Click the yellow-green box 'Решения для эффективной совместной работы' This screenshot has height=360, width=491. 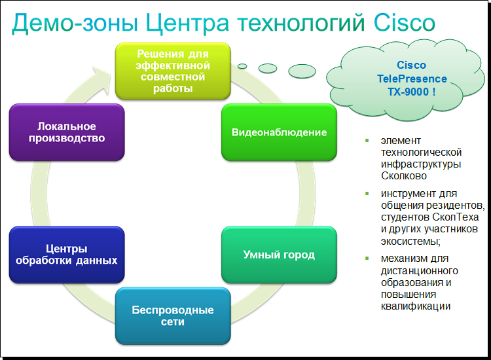click(173, 71)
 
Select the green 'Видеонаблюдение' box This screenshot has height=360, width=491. click(279, 132)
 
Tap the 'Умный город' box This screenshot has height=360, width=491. click(279, 255)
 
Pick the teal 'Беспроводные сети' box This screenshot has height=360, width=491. click(173, 315)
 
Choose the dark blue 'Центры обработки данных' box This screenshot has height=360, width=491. click(67, 255)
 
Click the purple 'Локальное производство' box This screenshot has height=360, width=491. click(67, 132)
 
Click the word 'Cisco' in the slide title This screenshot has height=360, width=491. click(404, 24)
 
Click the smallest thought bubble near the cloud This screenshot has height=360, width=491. click(242, 66)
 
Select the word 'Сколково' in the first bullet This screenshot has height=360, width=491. click(405, 175)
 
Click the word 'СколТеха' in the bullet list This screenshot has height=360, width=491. click(456, 217)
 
